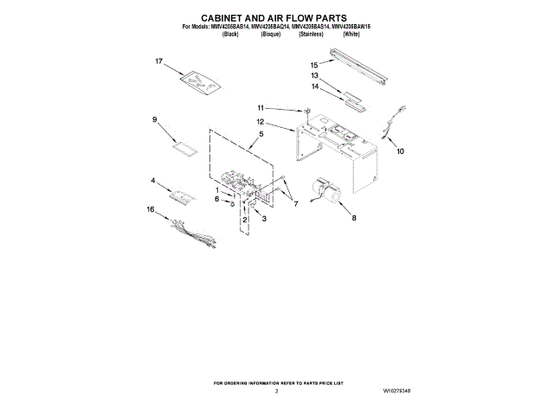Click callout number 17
click(x=159, y=61)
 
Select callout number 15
click(x=314, y=65)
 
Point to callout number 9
click(x=154, y=119)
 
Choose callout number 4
click(x=153, y=181)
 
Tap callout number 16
click(x=150, y=208)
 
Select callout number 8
click(x=353, y=219)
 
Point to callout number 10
click(x=400, y=151)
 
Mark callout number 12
click(x=260, y=123)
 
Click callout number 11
click(x=259, y=107)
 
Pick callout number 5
click(x=261, y=134)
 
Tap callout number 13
click(x=314, y=76)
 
